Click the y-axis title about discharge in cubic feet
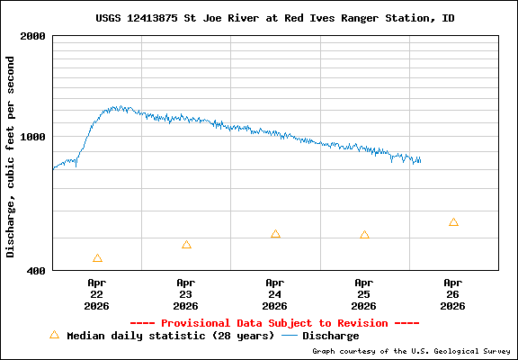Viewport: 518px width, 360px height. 11,157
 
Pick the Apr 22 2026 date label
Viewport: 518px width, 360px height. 97,293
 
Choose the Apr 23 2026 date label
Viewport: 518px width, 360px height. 186,293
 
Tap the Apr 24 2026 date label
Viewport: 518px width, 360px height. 275,293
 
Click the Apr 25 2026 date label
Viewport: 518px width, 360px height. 364,293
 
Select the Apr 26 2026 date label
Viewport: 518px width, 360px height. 453,293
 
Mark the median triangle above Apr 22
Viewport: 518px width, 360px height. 97,258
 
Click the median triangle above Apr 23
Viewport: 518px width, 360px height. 186,245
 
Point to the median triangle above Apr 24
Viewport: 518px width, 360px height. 275,234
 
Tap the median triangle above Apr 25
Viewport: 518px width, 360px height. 364,235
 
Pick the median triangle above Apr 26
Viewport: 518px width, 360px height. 453,222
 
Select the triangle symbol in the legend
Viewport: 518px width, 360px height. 54,335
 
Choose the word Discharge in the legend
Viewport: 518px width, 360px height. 330,336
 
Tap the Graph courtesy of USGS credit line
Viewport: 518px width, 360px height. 411,351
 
